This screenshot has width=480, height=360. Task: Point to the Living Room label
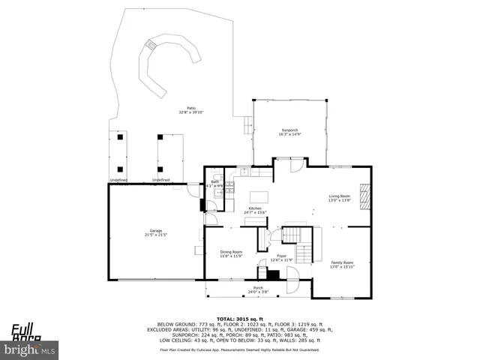pos(339,196)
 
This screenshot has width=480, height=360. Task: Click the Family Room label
pos(343,262)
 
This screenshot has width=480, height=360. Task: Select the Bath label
pos(215,182)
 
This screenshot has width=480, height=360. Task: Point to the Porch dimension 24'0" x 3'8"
pos(257,292)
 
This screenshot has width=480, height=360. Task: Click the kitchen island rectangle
pos(259,196)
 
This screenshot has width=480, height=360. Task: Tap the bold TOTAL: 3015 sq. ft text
pos(239,319)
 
